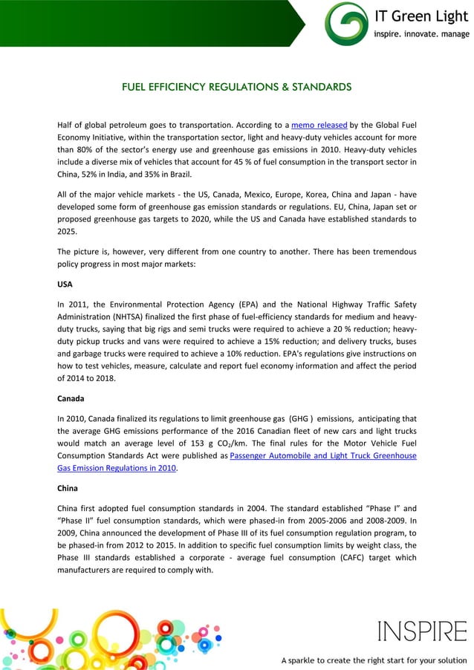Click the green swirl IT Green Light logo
(x=346, y=23)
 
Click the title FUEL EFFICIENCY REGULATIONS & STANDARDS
(x=236, y=87)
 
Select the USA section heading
(x=66, y=284)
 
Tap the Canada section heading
(x=71, y=398)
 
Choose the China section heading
(x=68, y=488)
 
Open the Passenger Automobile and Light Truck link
(x=322, y=455)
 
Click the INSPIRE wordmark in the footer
(x=422, y=631)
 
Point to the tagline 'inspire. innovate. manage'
(x=421, y=34)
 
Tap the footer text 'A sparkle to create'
(x=319, y=660)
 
